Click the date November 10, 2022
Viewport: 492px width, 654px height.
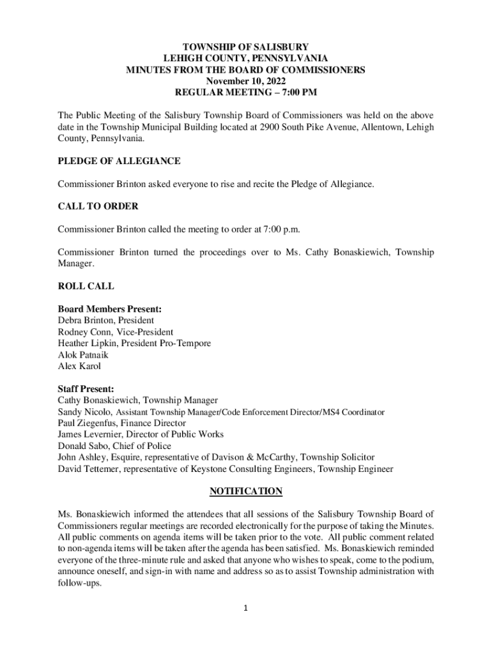[x=246, y=81]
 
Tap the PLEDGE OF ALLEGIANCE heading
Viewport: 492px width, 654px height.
[x=119, y=161]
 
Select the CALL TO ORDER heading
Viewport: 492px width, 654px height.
[x=98, y=206]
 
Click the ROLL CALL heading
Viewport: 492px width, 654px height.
[x=86, y=287]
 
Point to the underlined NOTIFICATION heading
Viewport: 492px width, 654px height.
[x=246, y=491]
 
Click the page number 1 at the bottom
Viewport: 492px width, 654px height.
[x=246, y=608]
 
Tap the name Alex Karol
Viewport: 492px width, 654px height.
[x=79, y=367]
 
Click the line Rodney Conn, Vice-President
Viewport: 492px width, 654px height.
[x=115, y=332]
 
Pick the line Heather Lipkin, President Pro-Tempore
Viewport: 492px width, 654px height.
[x=134, y=344]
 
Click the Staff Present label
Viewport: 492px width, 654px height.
[x=86, y=388]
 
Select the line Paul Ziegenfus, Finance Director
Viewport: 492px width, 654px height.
[x=121, y=423]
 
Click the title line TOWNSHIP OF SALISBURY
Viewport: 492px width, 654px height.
[x=246, y=47]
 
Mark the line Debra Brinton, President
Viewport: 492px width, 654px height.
[x=105, y=321]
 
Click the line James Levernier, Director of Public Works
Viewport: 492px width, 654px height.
[x=141, y=434]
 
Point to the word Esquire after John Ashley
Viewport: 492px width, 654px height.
[x=128, y=457]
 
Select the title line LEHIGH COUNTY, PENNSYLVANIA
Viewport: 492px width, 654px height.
[x=246, y=58]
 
